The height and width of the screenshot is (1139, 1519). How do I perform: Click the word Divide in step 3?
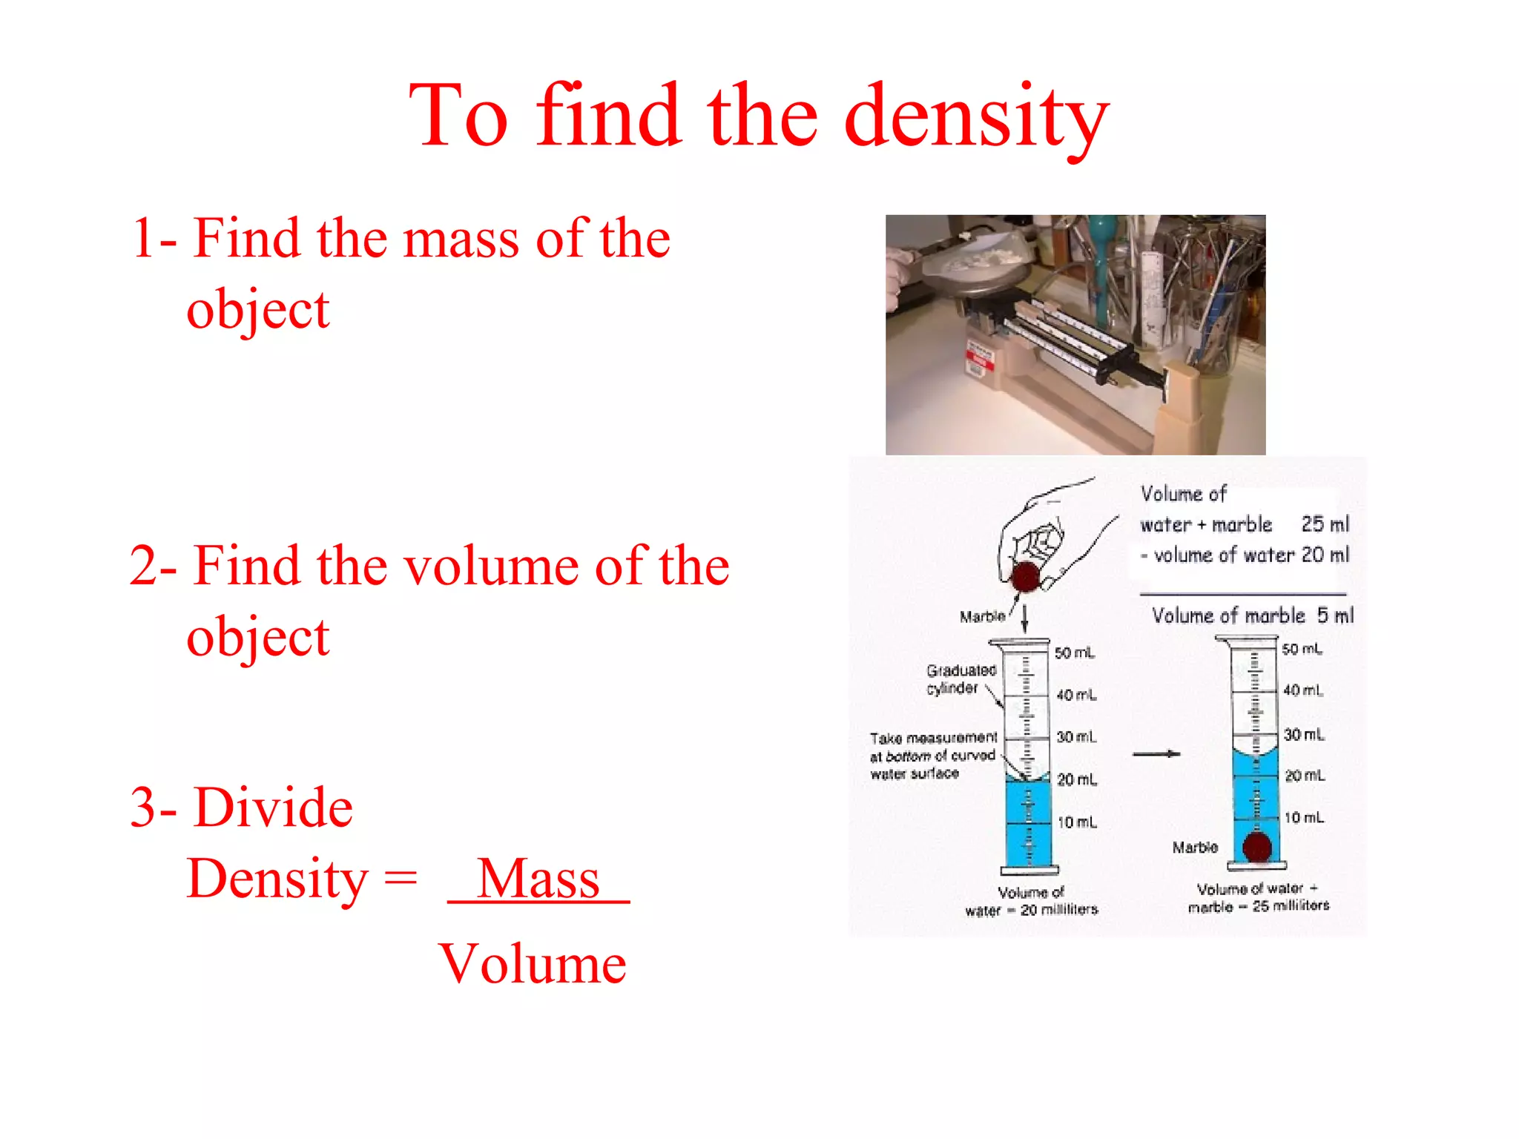tap(273, 808)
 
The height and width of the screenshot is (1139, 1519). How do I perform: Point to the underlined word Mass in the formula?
tap(538, 879)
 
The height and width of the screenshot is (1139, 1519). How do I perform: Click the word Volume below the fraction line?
tap(533, 964)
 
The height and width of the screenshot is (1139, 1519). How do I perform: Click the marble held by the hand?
tap(1026, 576)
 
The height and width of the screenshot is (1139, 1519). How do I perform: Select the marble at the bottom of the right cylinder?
tap(1257, 847)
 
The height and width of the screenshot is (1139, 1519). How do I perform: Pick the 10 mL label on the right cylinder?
tap(1304, 818)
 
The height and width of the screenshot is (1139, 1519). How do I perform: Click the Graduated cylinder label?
tap(961, 679)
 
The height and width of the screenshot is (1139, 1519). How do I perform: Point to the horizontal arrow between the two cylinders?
tap(1156, 754)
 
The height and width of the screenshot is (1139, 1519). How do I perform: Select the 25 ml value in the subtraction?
tap(1325, 524)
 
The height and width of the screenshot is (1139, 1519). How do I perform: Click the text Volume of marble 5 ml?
tap(1252, 615)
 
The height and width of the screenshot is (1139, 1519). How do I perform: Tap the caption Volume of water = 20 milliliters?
tap(1031, 901)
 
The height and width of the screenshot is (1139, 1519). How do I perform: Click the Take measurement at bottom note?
tap(933, 756)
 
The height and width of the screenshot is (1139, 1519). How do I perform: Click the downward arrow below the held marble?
tap(1025, 617)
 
